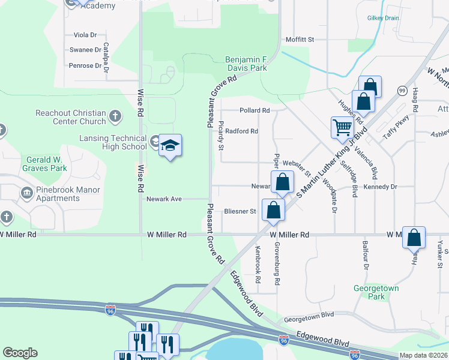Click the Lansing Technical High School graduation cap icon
(x=170, y=145)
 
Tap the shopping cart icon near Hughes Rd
(x=342, y=127)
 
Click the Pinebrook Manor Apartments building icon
(x=27, y=193)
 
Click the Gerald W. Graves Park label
(x=46, y=164)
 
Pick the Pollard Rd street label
(x=255, y=110)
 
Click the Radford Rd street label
(x=242, y=131)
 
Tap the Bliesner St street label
(x=240, y=211)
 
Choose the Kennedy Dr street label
(x=381, y=187)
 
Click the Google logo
(x=20, y=353)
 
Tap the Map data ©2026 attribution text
(x=424, y=355)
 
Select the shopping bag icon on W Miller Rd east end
(x=414, y=238)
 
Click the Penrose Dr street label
(x=85, y=65)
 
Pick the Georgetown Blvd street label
(x=309, y=314)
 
